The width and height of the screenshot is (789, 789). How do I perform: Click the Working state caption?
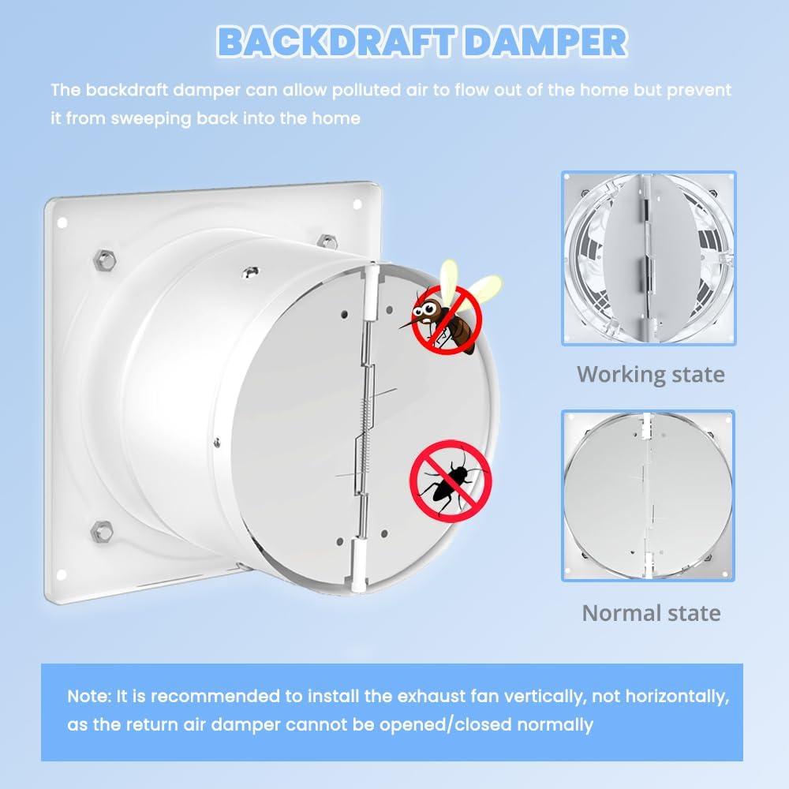[x=650, y=373]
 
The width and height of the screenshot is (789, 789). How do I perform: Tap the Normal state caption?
[x=651, y=612]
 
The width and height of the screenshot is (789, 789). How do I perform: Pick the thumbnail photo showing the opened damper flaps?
[x=648, y=257]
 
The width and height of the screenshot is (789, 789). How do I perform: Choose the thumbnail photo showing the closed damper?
[x=648, y=495]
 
